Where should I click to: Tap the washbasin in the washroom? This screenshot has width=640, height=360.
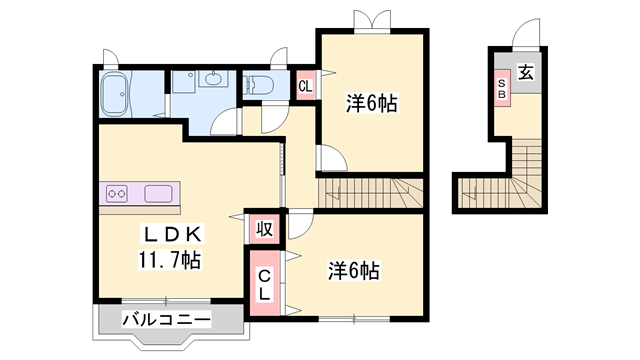click(212, 80)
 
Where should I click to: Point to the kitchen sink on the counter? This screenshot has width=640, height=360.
click(160, 193)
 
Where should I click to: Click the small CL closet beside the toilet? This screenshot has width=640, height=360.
click(306, 86)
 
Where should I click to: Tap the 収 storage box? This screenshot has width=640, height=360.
click(264, 228)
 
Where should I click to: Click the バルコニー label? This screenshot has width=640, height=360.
click(167, 320)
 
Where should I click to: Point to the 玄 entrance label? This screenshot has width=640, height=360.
click(524, 72)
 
